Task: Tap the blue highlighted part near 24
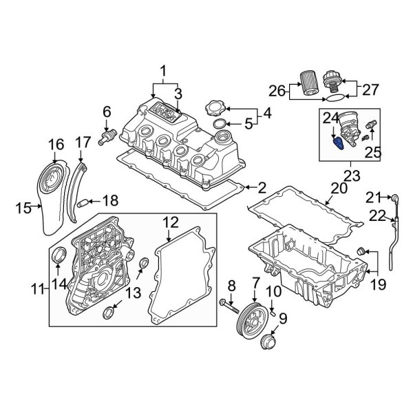pos(338,142)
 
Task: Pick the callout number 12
pos(170,222)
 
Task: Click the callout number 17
pos(83,142)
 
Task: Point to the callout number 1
pos(163,71)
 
